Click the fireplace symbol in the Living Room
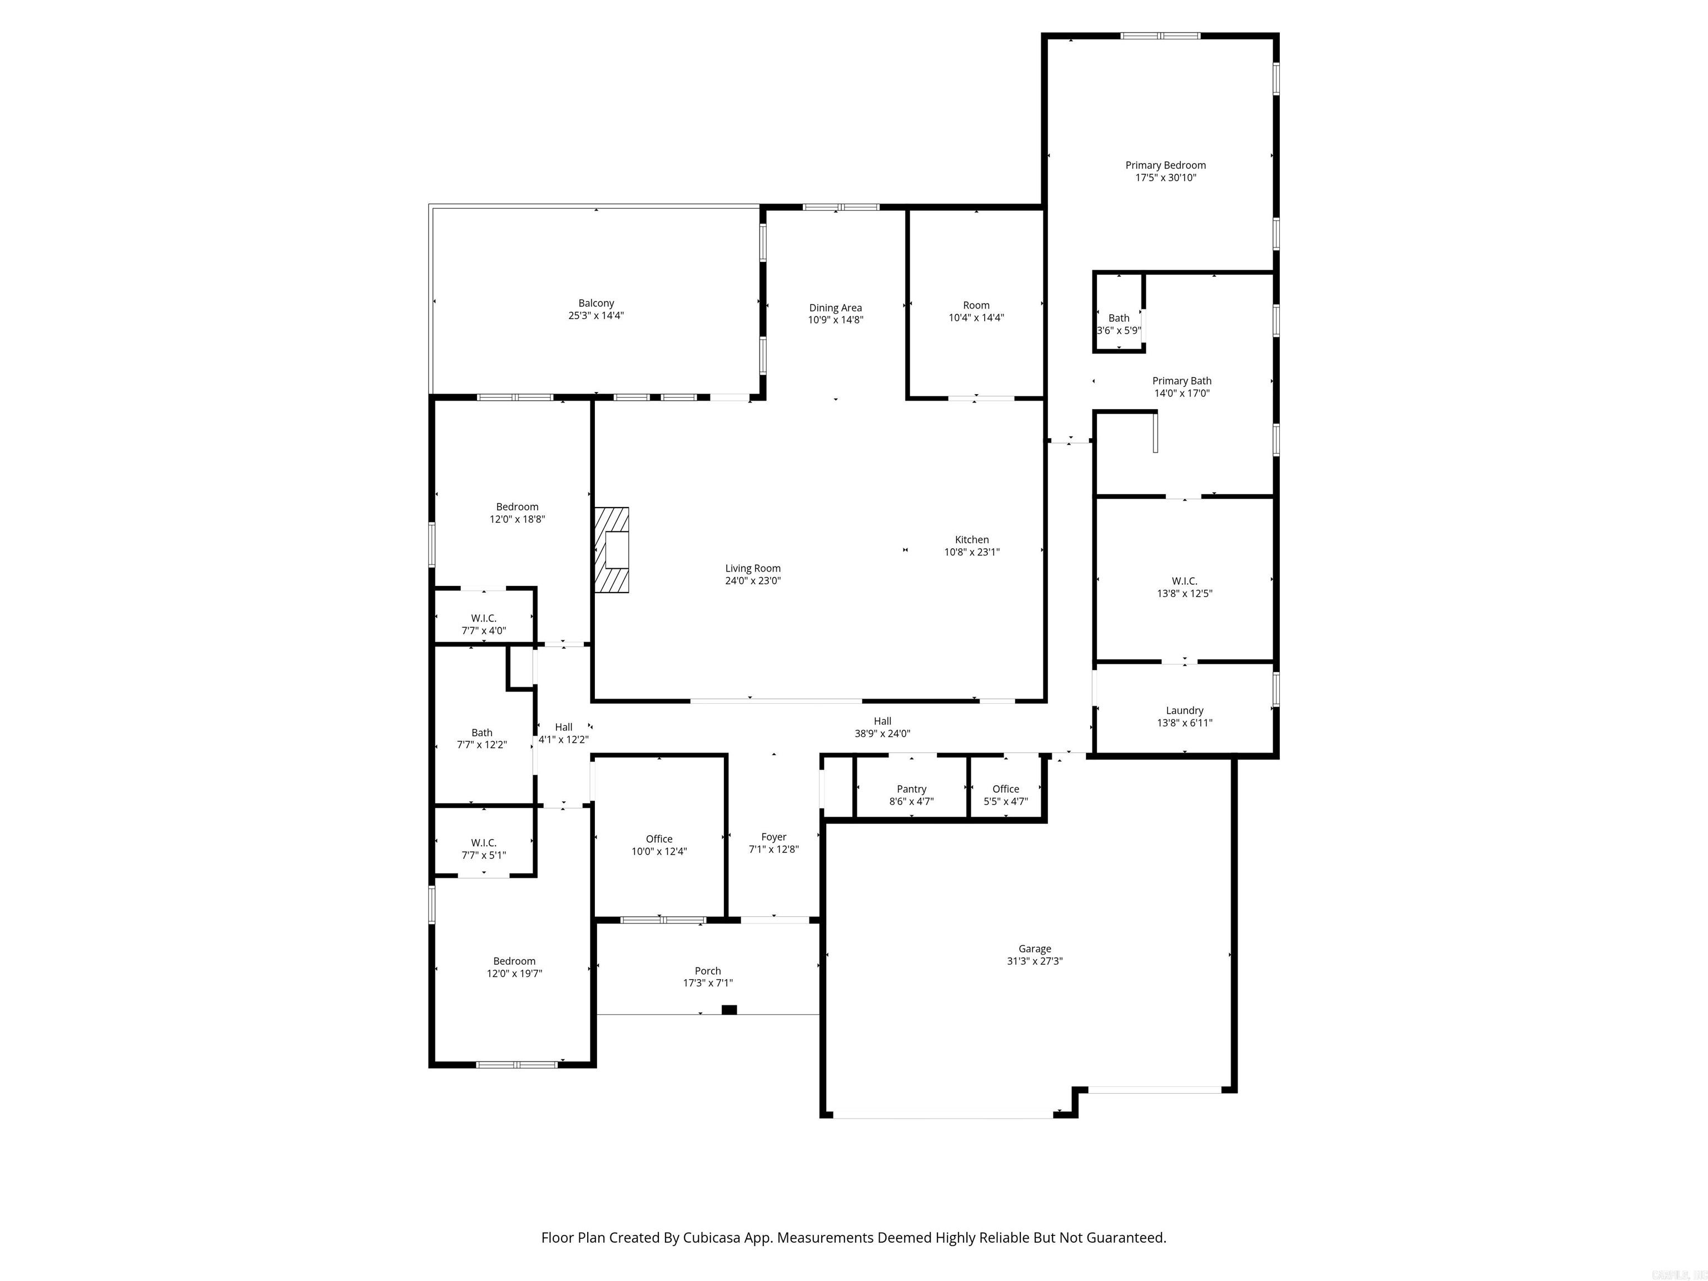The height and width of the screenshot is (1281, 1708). point(612,550)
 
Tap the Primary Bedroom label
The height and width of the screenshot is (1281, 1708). point(1165,165)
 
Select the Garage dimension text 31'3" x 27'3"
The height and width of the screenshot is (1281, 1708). point(1035,961)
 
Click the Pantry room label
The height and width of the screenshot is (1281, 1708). point(911,789)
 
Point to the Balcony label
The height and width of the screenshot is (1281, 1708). point(596,304)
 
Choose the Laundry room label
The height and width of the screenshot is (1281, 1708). point(1184,711)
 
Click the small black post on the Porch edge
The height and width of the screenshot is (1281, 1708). point(729,1009)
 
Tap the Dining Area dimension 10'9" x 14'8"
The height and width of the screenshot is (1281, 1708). point(836,320)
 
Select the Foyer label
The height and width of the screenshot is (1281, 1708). point(774,837)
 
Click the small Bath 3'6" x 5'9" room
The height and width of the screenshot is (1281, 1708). point(1119,324)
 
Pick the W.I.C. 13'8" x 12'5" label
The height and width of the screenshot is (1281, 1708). point(1184,582)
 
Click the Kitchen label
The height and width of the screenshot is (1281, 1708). point(971,540)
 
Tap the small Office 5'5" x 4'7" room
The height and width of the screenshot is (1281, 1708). point(1005,795)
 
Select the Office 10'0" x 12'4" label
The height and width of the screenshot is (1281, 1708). point(659,840)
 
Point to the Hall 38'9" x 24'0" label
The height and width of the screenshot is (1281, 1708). point(882,721)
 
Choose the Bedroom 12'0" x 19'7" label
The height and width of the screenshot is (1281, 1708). point(514,961)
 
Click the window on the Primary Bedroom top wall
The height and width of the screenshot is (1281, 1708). point(1160,36)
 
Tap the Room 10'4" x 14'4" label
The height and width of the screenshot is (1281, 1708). point(976,306)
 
